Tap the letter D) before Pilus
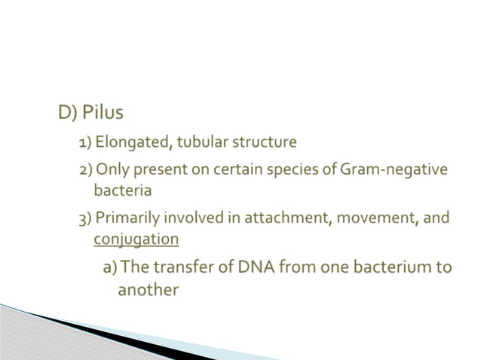[x=68, y=114]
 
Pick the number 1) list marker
[x=86, y=142]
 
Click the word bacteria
[x=123, y=191]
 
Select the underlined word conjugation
[x=136, y=239]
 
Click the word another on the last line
[x=148, y=290]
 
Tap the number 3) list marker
[x=85, y=218]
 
